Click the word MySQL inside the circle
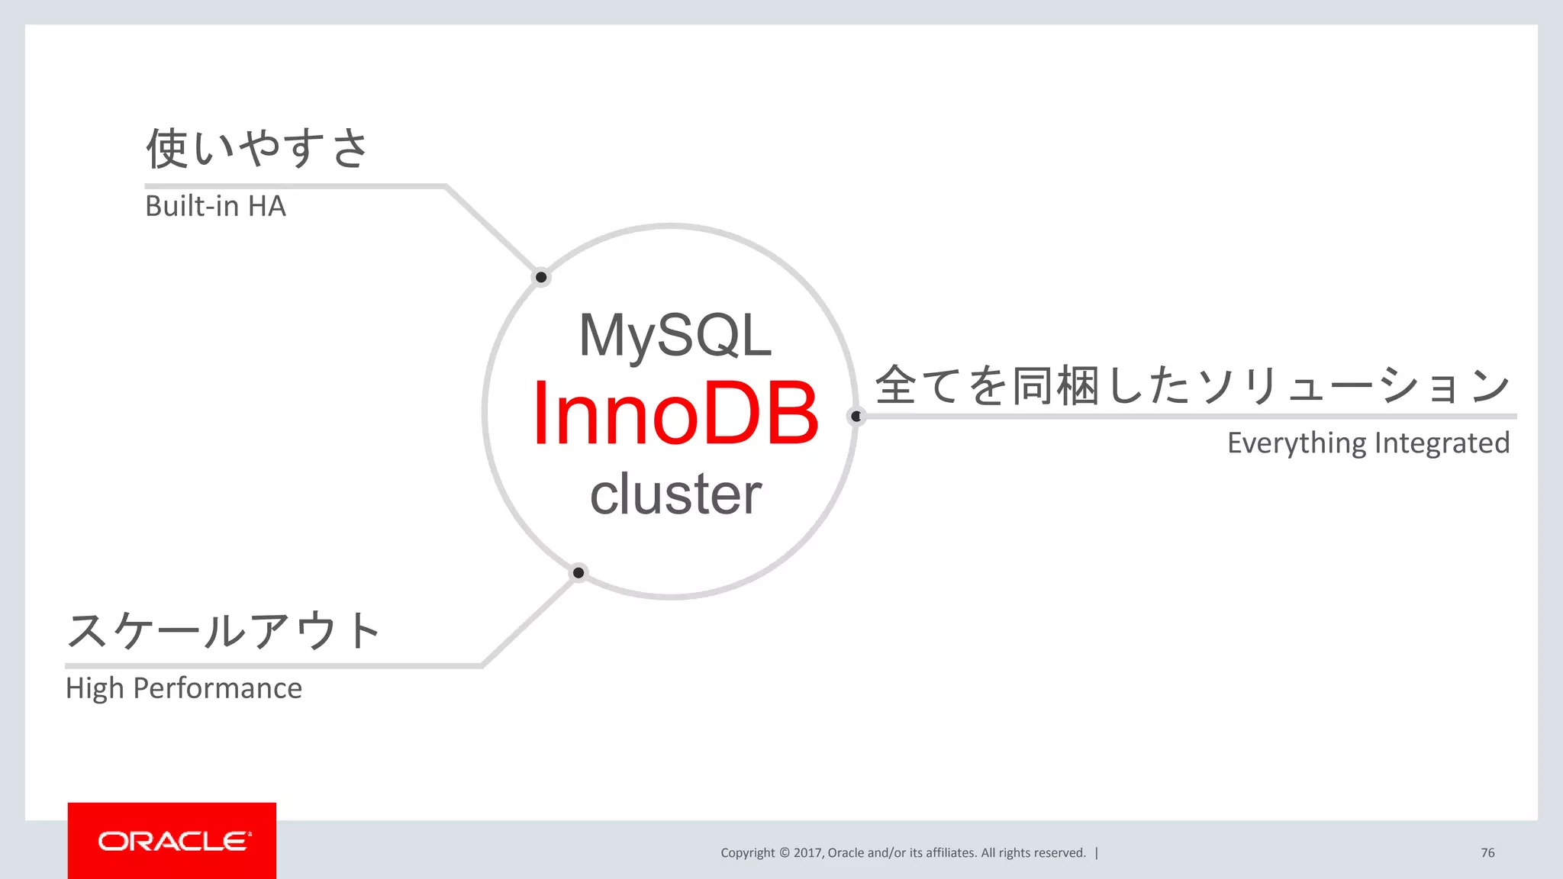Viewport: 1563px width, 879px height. [x=675, y=336]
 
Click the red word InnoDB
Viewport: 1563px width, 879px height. [x=675, y=414]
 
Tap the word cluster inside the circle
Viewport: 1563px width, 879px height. [x=675, y=494]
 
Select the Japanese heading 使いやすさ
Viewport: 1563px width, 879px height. [x=257, y=148]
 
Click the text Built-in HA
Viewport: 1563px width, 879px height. [x=215, y=206]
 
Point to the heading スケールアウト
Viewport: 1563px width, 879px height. [x=224, y=631]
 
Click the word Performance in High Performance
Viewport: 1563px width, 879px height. [x=218, y=688]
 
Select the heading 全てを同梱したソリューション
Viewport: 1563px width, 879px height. [x=1192, y=385]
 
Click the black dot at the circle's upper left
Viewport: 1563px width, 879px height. [x=541, y=277]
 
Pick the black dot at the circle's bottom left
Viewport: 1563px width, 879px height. [x=578, y=572]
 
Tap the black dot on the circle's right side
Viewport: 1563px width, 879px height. [x=856, y=416]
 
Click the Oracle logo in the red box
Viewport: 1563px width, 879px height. [x=172, y=841]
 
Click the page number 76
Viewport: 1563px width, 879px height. [x=1487, y=853]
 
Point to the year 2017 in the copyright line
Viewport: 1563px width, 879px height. [x=807, y=853]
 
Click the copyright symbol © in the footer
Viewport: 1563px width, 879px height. [x=784, y=853]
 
